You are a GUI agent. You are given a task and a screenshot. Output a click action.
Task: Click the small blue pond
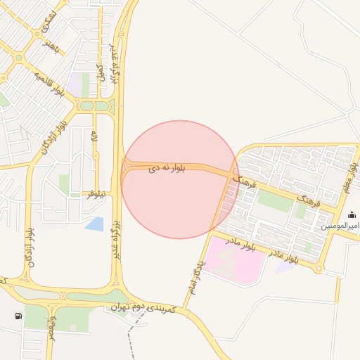coord(94,224)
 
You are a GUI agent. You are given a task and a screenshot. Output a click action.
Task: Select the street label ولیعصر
coord(51,327)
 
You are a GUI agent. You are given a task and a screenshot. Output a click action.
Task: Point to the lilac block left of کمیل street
coord(75,80)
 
